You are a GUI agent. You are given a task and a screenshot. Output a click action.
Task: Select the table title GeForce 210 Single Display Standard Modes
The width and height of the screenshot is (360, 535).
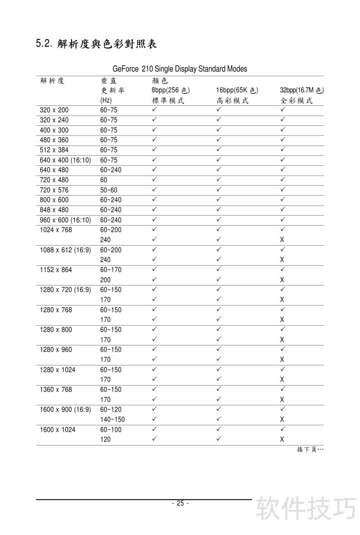click(180, 69)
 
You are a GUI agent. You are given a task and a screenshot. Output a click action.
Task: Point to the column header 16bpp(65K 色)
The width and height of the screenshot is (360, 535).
click(237, 91)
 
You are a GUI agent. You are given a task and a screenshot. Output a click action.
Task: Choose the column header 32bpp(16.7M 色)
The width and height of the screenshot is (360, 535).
click(301, 91)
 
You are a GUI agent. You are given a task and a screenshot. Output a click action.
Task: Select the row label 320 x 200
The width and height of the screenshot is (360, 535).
click(54, 110)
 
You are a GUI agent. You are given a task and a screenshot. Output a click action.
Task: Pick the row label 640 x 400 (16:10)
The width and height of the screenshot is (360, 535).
click(66, 160)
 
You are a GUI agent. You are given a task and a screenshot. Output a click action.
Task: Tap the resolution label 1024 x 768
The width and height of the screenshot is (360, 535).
click(56, 230)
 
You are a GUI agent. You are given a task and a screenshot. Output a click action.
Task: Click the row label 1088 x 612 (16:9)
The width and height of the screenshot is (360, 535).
click(66, 250)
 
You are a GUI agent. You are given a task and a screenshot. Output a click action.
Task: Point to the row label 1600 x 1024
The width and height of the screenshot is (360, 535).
click(58, 430)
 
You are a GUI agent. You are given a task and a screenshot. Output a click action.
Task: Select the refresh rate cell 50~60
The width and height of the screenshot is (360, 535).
click(109, 190)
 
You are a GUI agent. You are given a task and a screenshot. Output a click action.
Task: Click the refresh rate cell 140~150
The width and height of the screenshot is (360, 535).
click(112, 420)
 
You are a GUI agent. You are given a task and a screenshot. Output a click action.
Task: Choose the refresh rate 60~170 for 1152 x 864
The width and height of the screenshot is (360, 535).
click(111, 270)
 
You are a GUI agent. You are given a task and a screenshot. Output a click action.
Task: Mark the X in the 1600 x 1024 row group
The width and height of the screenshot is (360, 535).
click(282, 440)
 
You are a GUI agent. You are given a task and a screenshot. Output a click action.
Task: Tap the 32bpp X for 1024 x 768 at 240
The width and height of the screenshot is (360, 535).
click(282, 240)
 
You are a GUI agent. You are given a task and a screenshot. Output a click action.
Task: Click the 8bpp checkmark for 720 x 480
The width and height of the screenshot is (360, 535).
click(154, 180)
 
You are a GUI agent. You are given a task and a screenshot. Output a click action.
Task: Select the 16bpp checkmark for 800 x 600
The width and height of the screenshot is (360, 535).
click(219, 199)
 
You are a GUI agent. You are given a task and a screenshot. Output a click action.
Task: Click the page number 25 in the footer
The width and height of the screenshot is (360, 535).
click(180, 503)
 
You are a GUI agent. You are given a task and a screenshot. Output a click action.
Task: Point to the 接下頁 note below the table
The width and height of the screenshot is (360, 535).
click(310, 450)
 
